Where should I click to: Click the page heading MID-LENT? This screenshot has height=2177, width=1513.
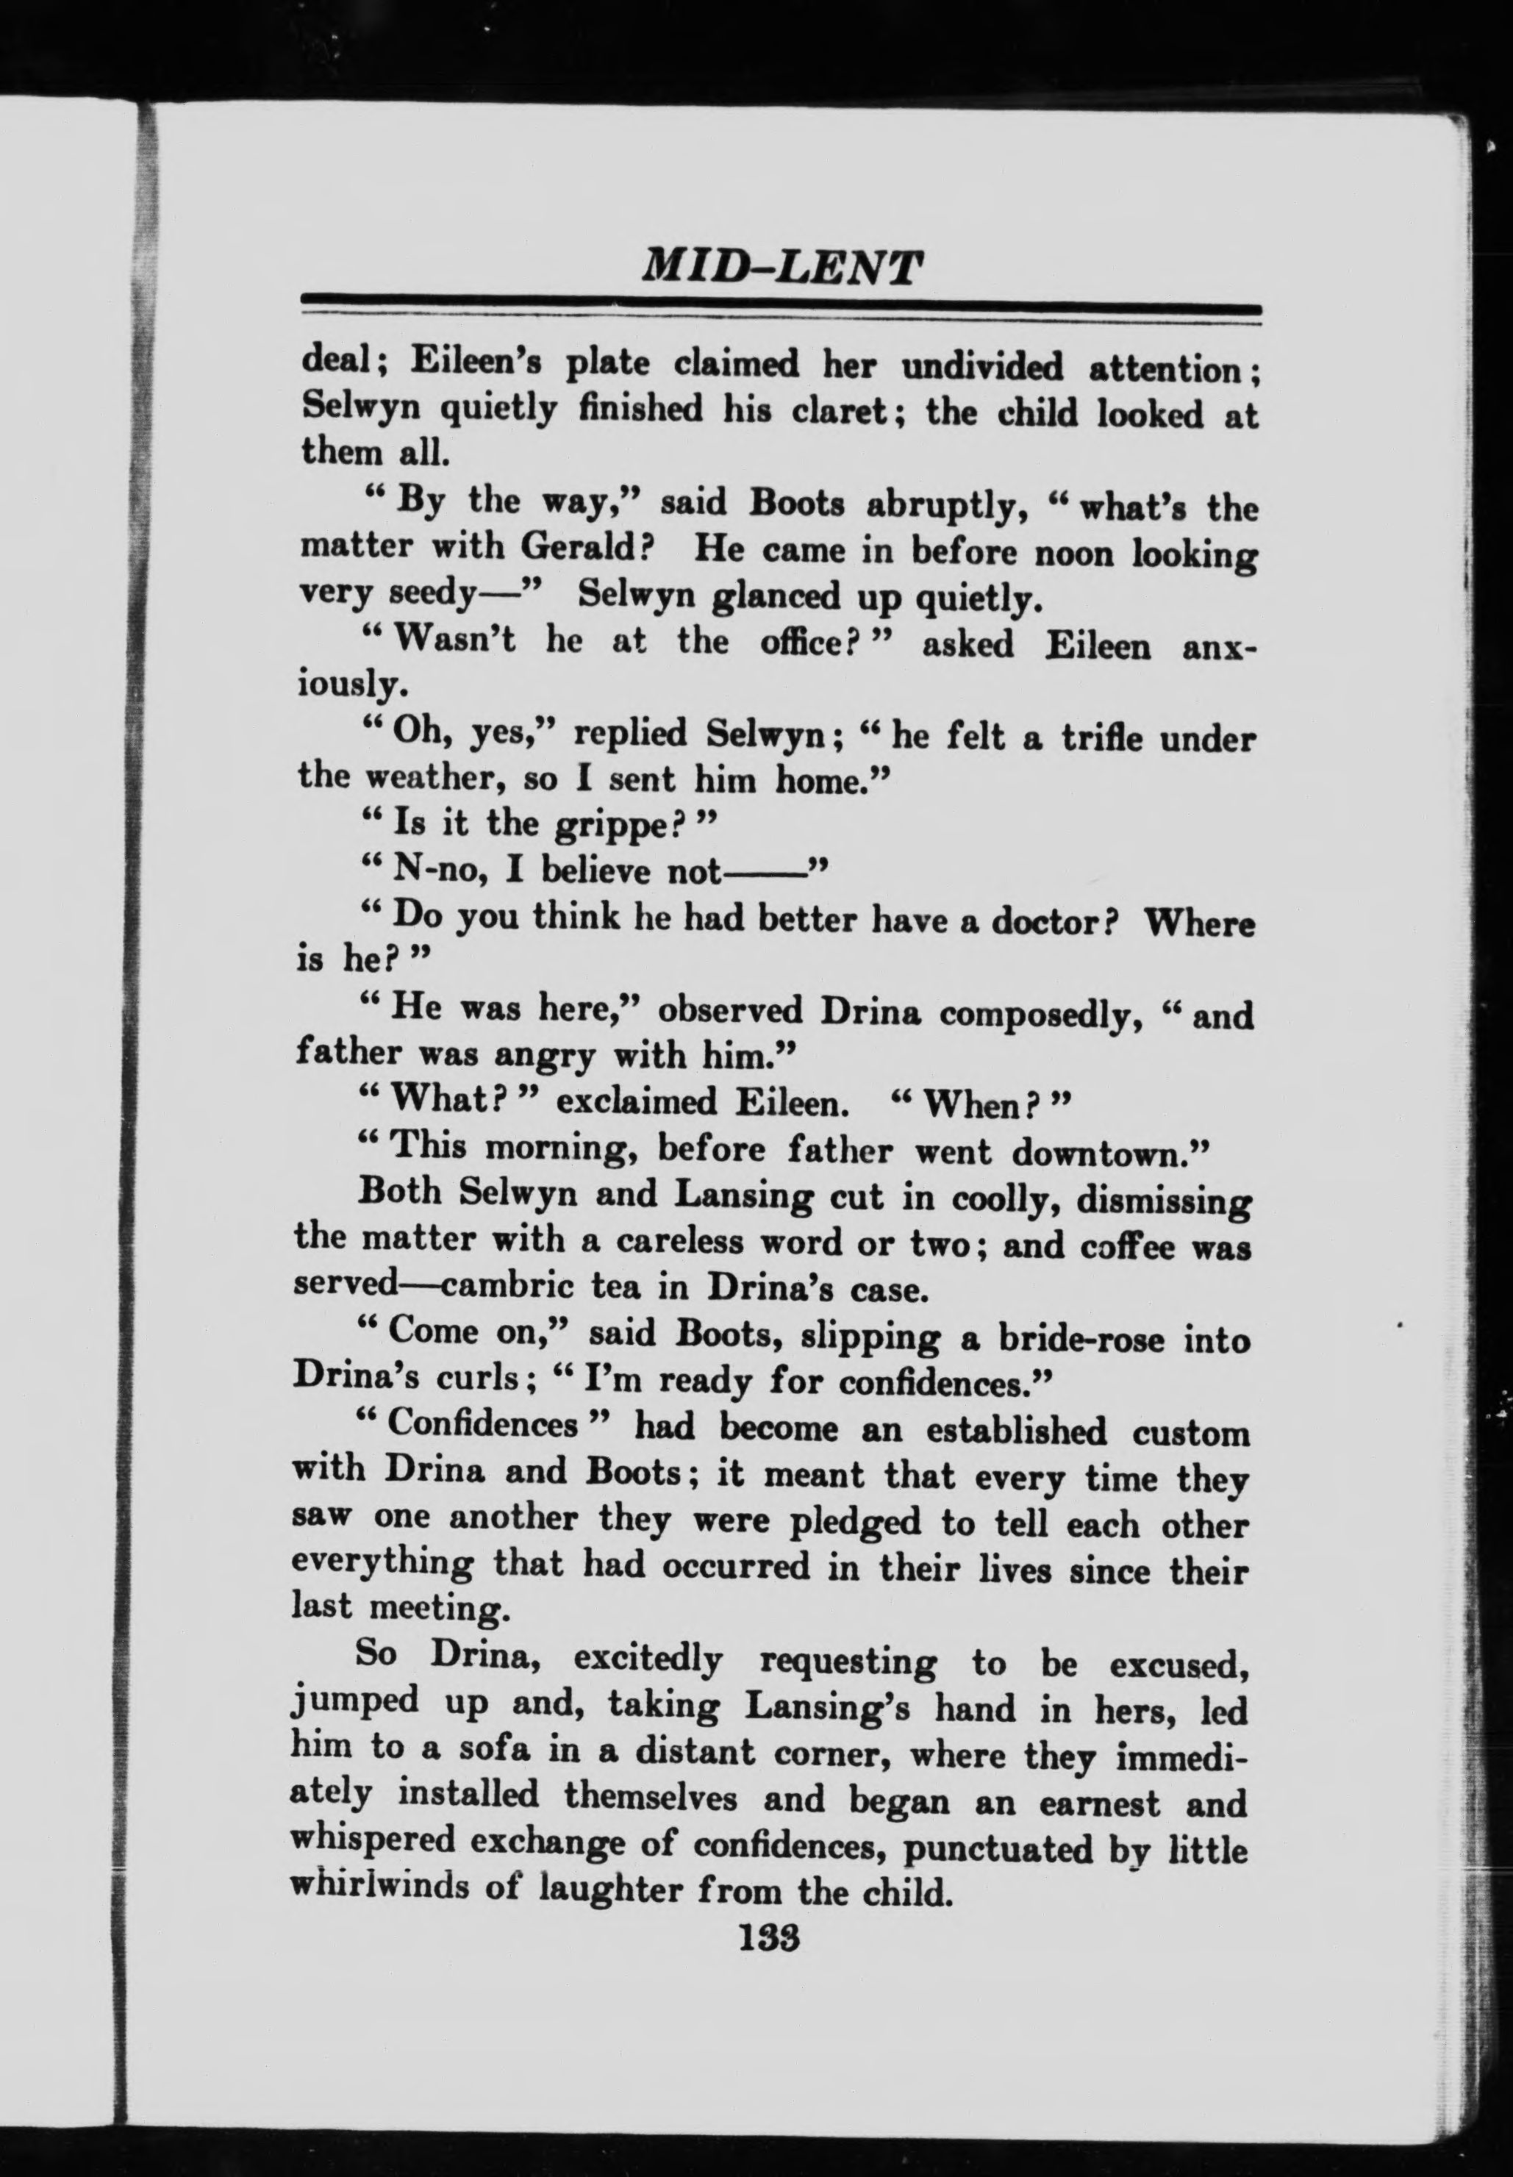(781, 268)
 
